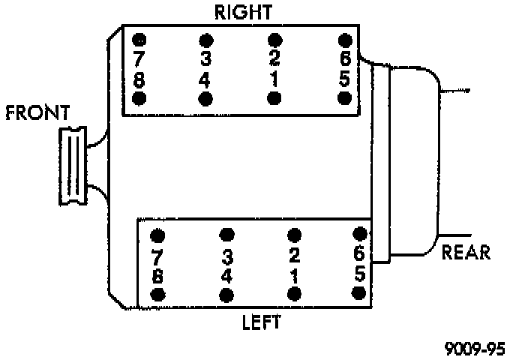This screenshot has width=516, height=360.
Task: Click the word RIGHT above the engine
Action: (x=243, y=12)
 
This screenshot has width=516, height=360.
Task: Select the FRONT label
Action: (x=37, y=113)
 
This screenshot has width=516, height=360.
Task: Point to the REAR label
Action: (x=466, y=251)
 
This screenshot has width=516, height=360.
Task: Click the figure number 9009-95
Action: (x=474, y=348)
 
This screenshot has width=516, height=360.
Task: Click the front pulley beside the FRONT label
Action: (x=74, y=165)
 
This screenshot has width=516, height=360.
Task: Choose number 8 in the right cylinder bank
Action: (x=139, y=77)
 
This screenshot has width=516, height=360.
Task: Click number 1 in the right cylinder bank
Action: (x=275, y=77)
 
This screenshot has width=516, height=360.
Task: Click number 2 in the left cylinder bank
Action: (x=294, y=254)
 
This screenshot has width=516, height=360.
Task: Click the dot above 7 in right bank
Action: (x=139, y=39)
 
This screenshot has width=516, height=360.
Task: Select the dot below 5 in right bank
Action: (x=345, y=98)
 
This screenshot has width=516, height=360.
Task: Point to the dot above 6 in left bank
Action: (x=360, y=233)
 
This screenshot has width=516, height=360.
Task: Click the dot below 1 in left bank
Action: (x=294, y=292)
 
